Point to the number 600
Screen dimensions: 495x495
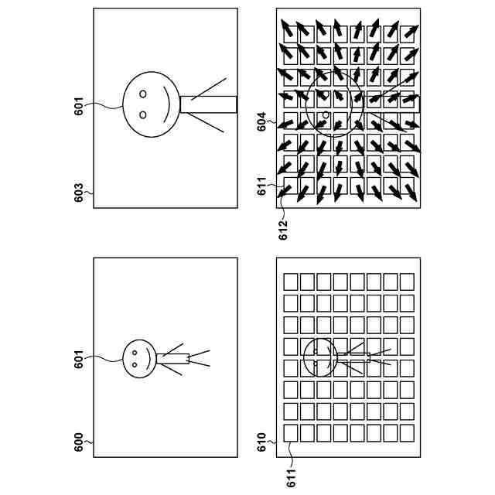[79, 442]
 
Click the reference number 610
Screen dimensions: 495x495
[262, 442]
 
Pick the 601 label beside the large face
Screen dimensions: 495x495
[79, 105]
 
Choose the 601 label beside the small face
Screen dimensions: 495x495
[79, 359]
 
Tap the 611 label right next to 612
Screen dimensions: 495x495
[262, 186]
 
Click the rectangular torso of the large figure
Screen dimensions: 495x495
[207, 104]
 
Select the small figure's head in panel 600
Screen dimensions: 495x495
[138, 359]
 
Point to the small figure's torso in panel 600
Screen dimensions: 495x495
[175, 359]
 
